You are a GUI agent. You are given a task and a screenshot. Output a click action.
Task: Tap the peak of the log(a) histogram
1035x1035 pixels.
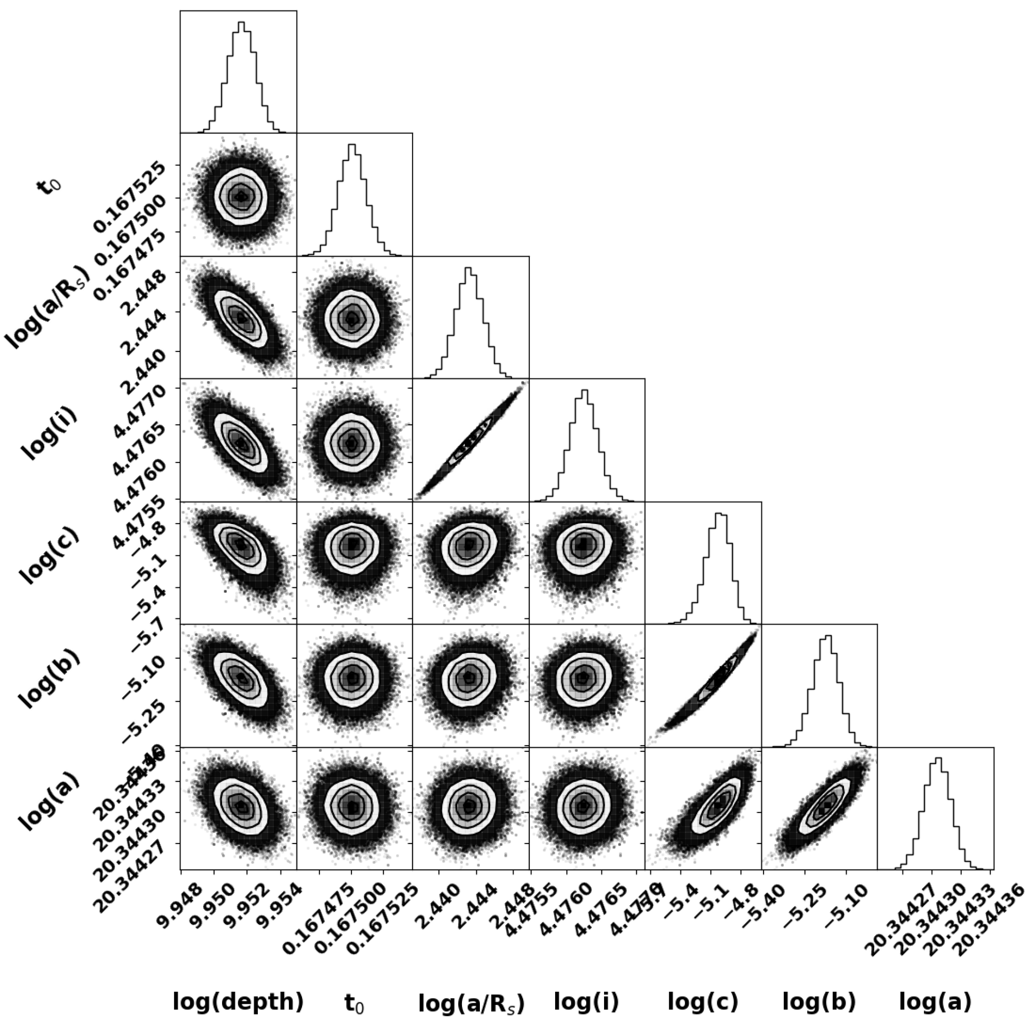point(938,757)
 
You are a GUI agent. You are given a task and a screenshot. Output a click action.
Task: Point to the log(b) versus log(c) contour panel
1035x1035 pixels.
point(703,684)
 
